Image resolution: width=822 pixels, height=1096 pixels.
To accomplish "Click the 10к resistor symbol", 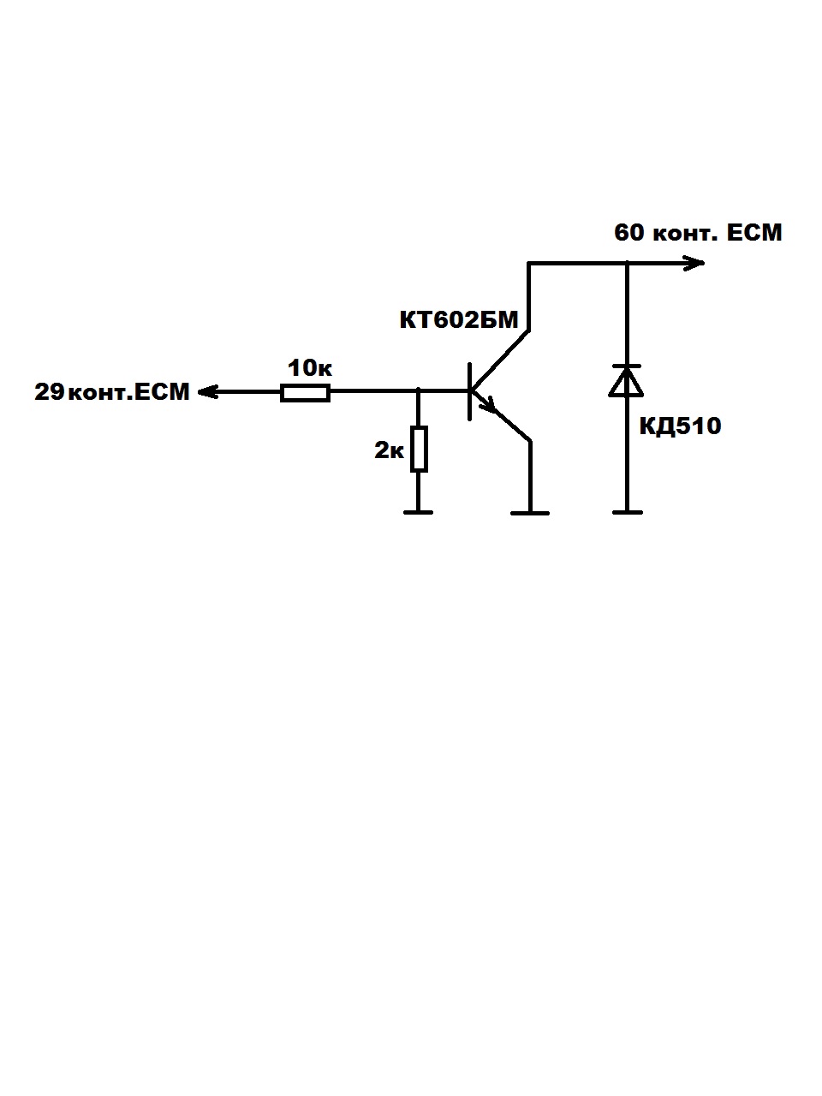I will pyautogui.click(x=305, y=393).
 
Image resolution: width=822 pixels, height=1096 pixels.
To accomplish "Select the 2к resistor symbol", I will pyautogui.click(x=418, y=449).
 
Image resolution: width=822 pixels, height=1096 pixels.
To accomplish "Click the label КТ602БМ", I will pyautogui.click(x=459, y=320).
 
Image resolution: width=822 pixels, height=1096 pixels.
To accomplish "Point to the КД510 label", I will pyautogui.click(x=680, y=426).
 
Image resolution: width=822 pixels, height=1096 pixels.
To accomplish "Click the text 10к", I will pyautogui.click(x=309, y=369).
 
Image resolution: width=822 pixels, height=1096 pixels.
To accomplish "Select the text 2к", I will pyautogui.click(x=389, y=450).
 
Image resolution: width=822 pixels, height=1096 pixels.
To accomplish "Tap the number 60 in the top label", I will pyautogui.click(x=629, y=232).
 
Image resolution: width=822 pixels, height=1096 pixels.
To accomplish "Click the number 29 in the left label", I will pyautogui.click(x=50, y=392).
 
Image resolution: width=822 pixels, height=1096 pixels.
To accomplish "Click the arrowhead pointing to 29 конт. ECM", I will pyautogui.click(x=206, y=392).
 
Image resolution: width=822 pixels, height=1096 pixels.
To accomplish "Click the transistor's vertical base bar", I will pyautogui.click(x=470, y=391).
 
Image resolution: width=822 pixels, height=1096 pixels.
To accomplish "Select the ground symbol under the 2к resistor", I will pyautogui.click(x=418, y=512).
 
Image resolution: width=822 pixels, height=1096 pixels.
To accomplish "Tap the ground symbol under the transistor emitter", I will pyautogui.click(x=530, y=512).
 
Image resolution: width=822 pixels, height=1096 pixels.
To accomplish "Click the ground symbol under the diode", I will pyautogui.click(x=627, y=512).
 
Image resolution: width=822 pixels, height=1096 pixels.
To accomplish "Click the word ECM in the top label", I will pyautogui.click(x=754, y=232).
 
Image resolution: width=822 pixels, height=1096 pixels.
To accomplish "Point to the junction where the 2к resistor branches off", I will pyautogui.click(x=418, y=392).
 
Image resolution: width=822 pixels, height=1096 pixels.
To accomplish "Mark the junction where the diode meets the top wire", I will pyautogui.click(x=627, y=263).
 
